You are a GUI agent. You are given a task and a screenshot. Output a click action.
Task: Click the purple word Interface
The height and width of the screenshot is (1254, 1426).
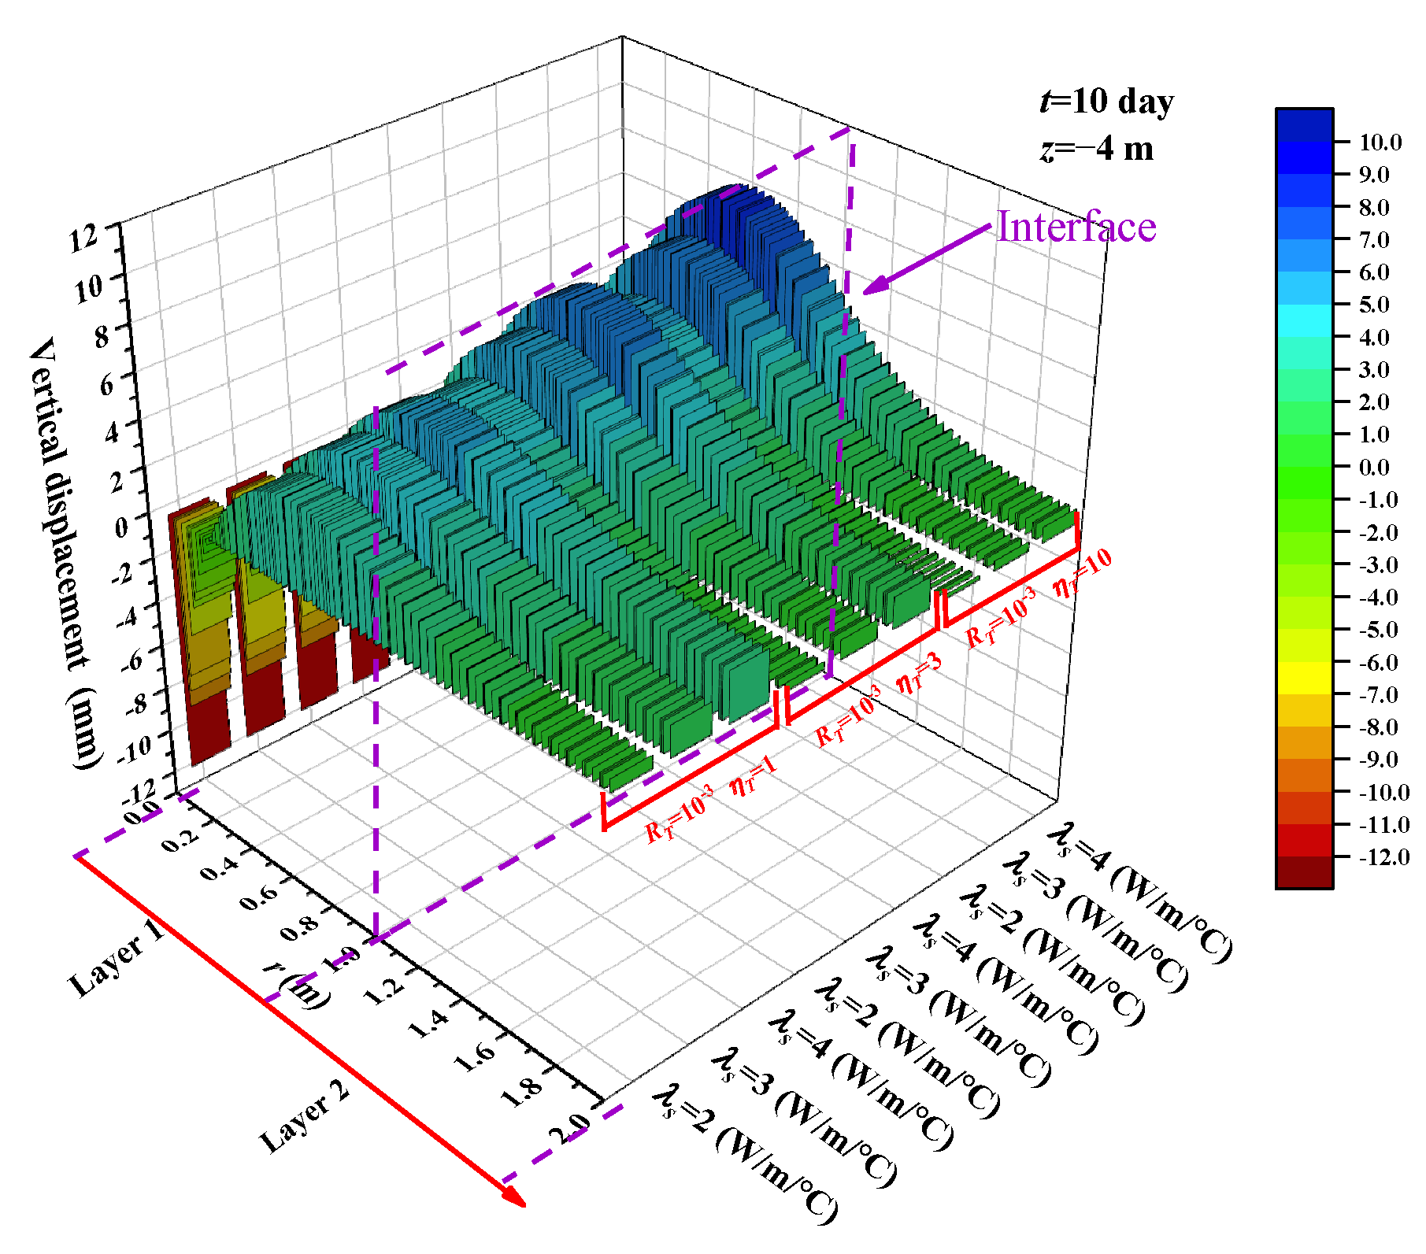[x=1076, y=227]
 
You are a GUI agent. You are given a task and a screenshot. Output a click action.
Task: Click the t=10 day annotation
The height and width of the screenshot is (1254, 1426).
[x=1106, y=102]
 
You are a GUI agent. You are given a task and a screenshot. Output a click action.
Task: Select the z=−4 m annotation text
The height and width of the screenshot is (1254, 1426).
[x=1096, y=149]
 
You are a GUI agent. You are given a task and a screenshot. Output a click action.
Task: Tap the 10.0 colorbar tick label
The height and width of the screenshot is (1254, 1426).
[x=1380, y=142]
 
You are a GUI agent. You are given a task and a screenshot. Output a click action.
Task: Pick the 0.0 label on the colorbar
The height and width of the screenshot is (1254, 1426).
[x=1373, y=467]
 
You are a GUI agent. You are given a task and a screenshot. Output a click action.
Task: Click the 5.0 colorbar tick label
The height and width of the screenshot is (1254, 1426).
[x=1373, y=305]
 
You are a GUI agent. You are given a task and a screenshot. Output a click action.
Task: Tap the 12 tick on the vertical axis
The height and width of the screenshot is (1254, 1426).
[x=84, y=238]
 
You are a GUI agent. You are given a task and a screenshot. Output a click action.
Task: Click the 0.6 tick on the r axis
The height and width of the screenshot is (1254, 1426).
[x=259, y=896]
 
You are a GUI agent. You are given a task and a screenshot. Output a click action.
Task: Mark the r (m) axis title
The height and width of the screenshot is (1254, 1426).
[x=298, y=985]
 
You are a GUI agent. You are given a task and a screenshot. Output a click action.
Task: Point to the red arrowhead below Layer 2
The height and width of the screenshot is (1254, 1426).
[x=514, y=1195]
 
